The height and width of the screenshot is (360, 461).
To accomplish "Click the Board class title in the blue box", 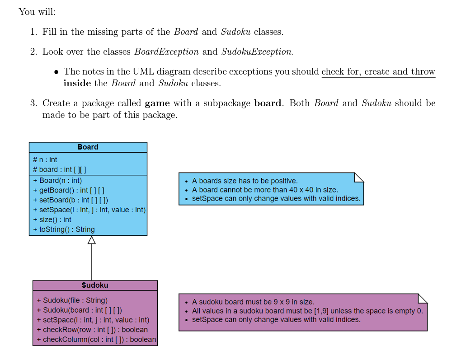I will tap(88, 147).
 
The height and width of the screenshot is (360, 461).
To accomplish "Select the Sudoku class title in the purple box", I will tap(95, 285).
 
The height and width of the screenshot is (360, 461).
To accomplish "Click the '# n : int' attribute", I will tap(45, 159).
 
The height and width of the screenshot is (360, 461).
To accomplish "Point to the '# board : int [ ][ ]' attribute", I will tap(60, 169).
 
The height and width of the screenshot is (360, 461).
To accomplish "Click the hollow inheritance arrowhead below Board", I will tap(92, 240).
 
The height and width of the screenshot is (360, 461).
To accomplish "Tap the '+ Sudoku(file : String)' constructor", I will tap(72, 300).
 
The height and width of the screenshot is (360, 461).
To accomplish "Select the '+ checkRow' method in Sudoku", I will tap(92, 330).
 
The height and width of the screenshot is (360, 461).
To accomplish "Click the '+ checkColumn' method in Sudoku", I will tap(96, 339).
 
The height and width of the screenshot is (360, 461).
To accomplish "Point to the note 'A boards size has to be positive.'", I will tap(245, 181).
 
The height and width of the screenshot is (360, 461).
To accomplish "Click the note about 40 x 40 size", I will tap(265, 190).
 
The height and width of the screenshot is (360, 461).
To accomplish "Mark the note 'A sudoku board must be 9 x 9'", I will tap(253, 302).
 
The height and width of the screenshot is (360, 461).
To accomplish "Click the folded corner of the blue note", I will tap(359, 177).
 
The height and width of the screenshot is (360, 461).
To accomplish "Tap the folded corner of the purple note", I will tap(422, 298).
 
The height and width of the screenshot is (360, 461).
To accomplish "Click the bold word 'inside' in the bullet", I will tap(77, 84).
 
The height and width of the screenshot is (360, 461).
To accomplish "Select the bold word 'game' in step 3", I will tap(157, 103).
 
